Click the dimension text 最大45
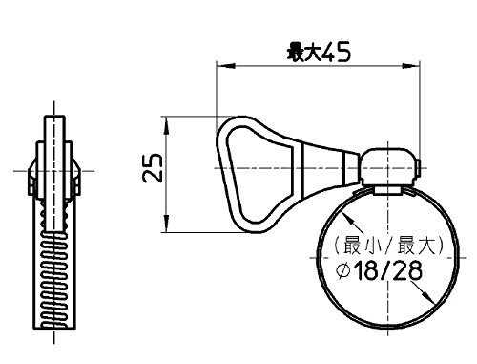click(x=319, y=52)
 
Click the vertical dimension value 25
click(x=153, y=168)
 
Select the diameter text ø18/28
click(x=380, y=271)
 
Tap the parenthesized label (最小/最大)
click(x=388, y=246)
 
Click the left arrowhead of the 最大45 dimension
click(x=225, y=66)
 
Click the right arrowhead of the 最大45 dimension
click(x=411, y=66)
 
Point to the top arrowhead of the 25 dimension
click(x=166, y=125)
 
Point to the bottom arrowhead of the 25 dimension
click(x=166, y=224)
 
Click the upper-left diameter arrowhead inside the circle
click(x=346, y=218)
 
